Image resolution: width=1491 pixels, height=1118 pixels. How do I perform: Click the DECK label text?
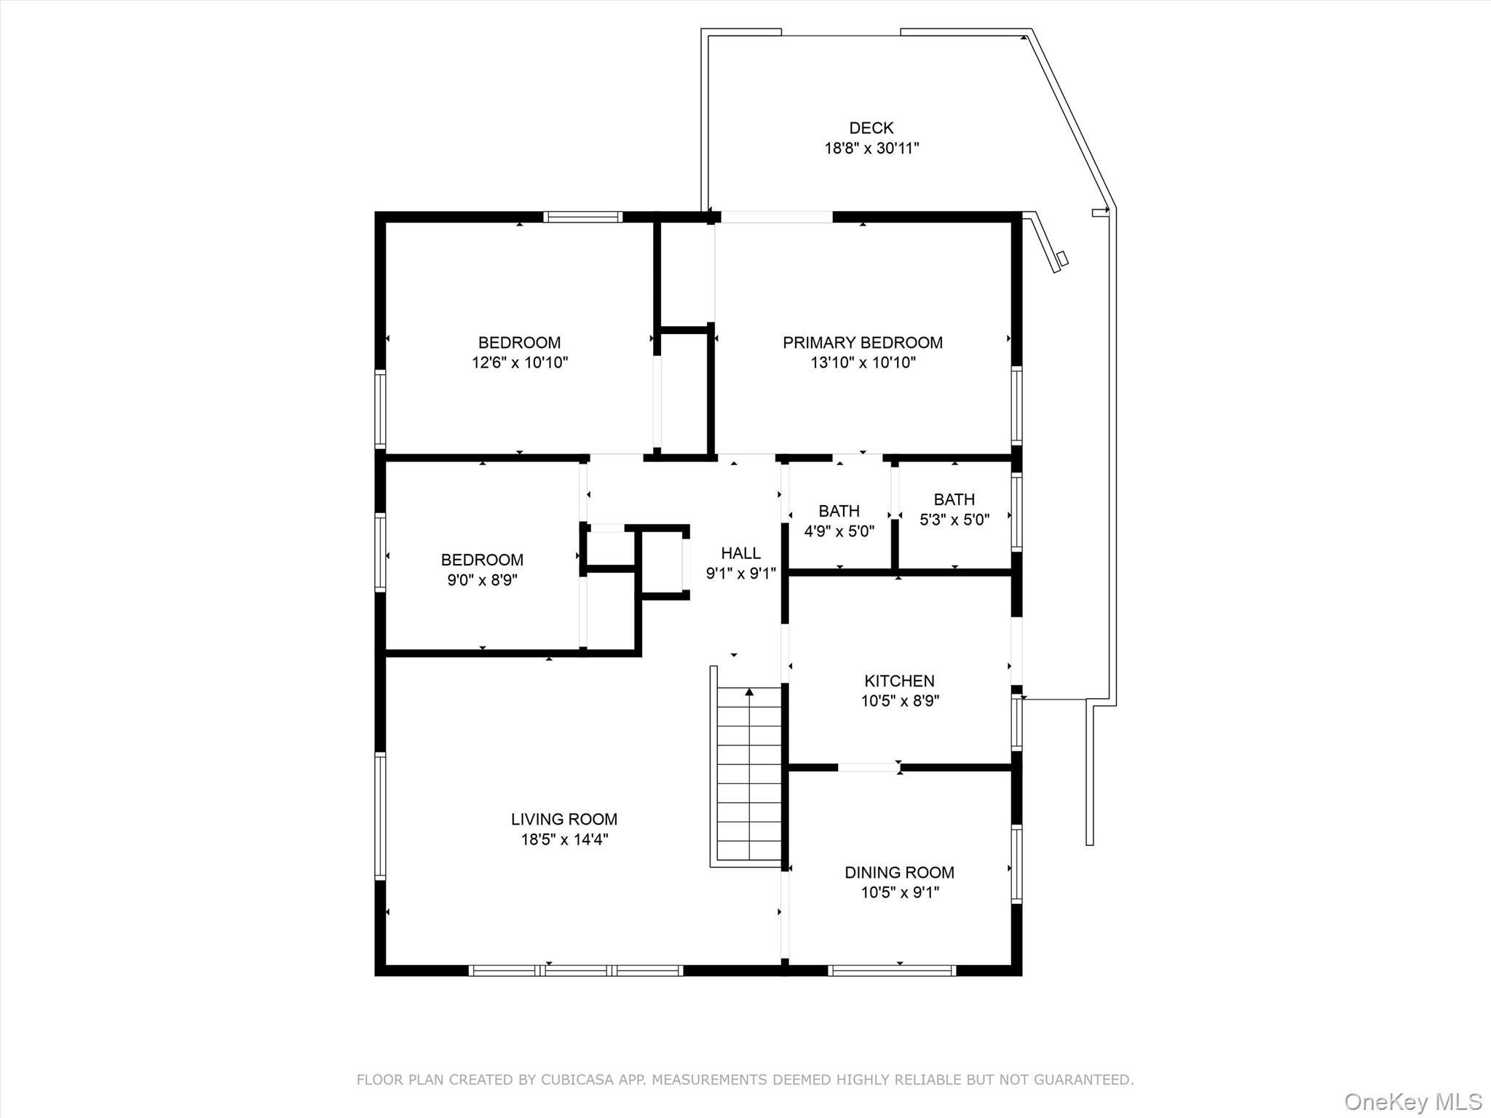(x=871, y=128)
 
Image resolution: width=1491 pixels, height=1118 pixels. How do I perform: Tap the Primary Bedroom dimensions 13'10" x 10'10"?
(x=863, y=362)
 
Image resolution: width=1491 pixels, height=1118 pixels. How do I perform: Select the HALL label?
(x=740, y=553)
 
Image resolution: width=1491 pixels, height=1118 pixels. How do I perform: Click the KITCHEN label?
(x=899, y=681)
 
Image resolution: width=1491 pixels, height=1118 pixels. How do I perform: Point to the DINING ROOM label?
(x=899, y=872)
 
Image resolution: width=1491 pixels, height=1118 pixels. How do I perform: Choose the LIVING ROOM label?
(x=563, y=819)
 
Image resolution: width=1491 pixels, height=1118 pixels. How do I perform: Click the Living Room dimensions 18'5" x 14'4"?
(x=563, y=839)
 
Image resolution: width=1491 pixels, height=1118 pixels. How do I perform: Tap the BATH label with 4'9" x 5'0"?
(x=839, y=511)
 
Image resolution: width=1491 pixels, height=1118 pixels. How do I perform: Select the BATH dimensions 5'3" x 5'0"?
(x=954, y=520)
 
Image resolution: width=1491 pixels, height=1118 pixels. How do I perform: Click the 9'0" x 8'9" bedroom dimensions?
(x=482, y=580)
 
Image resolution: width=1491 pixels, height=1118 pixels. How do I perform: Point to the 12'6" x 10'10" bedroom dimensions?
(x=519, y=362)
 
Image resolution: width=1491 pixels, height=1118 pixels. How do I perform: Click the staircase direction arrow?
(x=749, y=692)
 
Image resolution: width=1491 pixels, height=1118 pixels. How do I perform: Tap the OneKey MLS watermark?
(x=1412, y=1101)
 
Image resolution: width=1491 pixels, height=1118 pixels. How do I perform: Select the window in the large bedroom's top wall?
(x=582, y=216)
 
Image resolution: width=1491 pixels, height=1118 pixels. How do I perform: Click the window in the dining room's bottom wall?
(x=892, y=970)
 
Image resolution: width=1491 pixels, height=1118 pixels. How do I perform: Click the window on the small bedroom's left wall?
(x=379, y=551)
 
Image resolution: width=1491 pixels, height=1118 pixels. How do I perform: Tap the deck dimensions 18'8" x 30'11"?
(x=871, y=148)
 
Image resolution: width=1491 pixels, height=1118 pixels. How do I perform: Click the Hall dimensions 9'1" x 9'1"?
(x=740, y=574)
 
